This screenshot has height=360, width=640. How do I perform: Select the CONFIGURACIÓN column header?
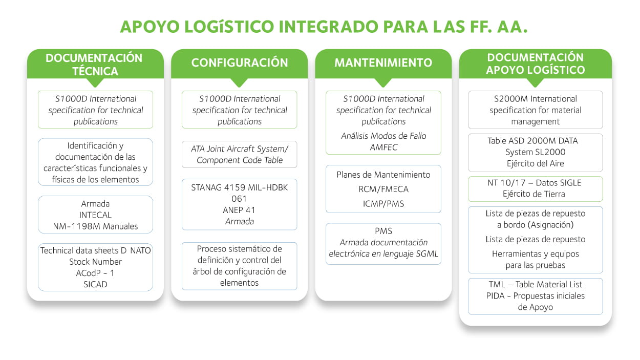click(240, 63)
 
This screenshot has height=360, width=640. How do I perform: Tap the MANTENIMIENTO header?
click(383, 63)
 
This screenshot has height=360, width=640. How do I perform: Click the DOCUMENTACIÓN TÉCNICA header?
click(95, 64)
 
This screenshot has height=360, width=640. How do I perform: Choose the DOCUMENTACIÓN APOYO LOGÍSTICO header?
click(535, 64)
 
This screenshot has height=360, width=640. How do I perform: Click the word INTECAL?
click(95, 215)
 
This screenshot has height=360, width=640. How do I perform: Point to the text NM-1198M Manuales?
click(95, 226)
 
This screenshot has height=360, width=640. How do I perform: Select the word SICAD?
click(95, 284)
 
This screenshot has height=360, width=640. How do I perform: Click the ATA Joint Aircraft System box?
click(240, 154)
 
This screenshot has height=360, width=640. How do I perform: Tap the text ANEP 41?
click(240, 210)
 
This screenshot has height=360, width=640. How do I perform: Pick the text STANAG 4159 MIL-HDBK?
click(240, 187)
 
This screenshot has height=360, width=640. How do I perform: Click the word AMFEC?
click(383, 147)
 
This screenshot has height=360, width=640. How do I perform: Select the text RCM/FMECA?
click(383, 189)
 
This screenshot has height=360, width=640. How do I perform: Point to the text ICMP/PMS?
click(383, 203)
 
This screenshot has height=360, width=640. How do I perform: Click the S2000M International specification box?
click(535, 110)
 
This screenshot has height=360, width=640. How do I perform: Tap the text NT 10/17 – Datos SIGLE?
click(535, 183)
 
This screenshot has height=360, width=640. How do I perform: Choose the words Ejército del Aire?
click(535, 163)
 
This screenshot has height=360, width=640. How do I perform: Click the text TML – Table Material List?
click(535, 285)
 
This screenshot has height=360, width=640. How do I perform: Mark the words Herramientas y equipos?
click(535, 254)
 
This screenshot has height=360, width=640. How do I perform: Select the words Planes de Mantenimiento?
click(383, 175)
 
